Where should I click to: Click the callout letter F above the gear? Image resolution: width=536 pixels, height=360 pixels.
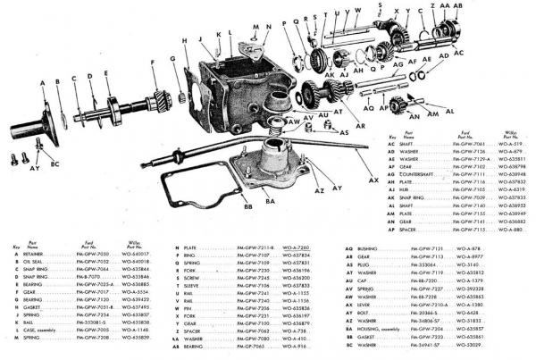point(153,62)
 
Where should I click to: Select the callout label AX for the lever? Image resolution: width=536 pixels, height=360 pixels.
point(372,180)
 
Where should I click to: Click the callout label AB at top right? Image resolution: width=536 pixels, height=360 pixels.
point(458,4)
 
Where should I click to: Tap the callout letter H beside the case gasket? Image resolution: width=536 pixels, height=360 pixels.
point(182,41)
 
